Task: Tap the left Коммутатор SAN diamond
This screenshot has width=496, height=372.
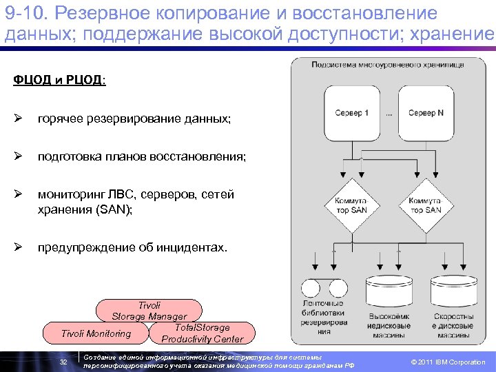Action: click(x=351, y=205)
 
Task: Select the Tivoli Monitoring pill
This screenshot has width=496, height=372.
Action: click(x=96, y=333)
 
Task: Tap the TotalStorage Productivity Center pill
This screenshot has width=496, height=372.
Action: click(x=202, y=333)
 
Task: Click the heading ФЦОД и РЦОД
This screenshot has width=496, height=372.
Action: click(x=59, y=81)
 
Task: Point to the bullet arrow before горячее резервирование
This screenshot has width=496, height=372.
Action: click(x=17, y=119)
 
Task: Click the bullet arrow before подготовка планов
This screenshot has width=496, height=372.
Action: click(x=17, y=157)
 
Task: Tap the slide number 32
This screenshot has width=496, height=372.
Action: click(x=63, y=362)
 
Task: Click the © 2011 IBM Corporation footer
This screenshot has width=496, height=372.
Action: click(x=448, y=362)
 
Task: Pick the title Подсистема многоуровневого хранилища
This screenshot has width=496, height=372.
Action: click(x=387, y=65)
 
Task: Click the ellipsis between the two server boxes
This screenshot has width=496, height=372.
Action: click(x=390, y=114)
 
